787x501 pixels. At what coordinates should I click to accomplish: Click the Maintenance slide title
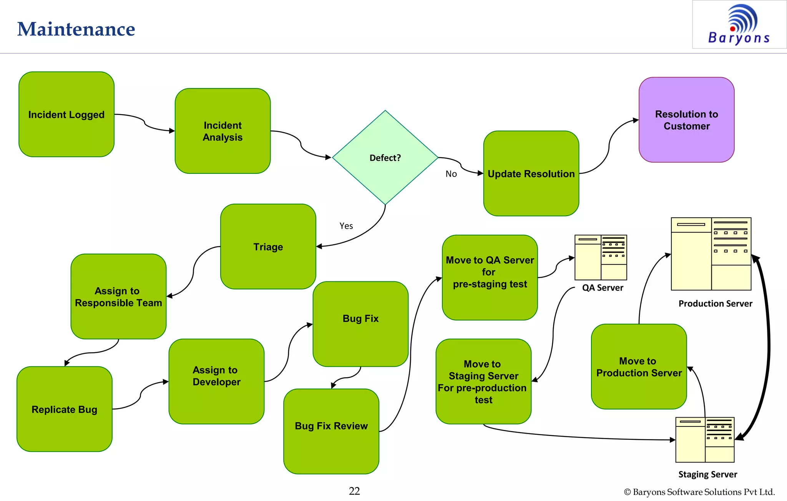click(76, 29)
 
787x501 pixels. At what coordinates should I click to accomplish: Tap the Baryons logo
click(739, 25)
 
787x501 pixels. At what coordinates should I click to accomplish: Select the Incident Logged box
click(66, 114)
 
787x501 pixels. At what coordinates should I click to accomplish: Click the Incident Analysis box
click(222, 131)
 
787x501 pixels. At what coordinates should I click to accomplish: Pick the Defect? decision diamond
click(385, 158)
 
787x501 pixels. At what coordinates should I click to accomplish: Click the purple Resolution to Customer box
click(686, 120)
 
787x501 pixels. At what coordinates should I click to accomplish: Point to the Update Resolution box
click(531, 174)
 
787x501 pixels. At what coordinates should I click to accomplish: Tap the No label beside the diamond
click(451, 174)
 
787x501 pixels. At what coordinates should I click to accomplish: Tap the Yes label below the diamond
click(346, 226)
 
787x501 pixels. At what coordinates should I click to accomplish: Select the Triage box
click(268, 246)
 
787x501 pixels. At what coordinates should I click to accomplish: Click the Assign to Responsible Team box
click(118, 296)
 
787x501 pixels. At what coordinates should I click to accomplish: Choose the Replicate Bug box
click(65, 409)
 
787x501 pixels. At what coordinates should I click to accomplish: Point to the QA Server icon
click(601, 257)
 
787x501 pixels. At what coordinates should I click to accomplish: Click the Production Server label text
click(715, 304)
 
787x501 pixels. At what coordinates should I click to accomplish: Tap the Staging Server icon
click(705, 439)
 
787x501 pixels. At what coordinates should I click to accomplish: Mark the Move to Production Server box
click(639, 367)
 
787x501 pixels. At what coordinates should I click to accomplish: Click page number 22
click(354, 491)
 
